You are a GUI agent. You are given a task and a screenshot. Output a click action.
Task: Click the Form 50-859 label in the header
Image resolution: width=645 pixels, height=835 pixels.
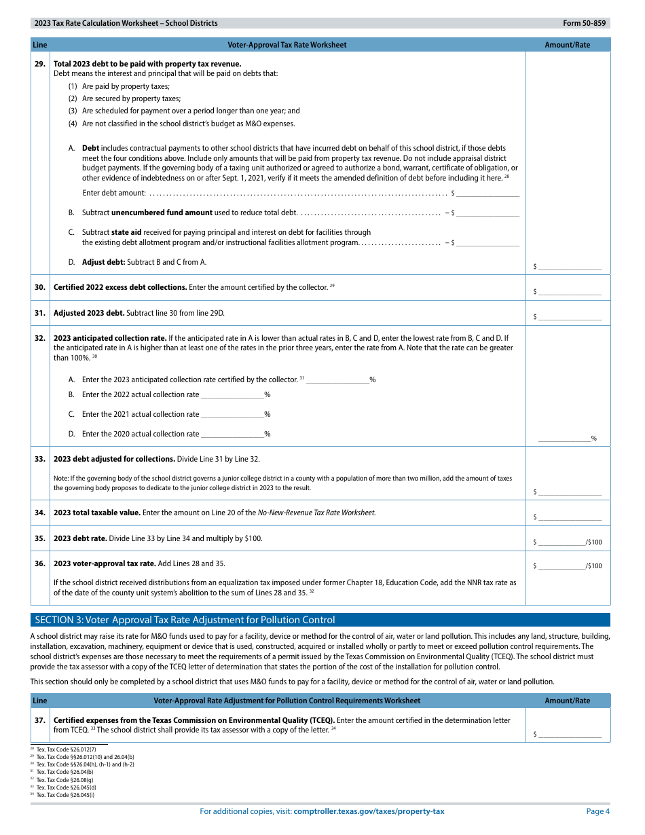[x=584, y=23]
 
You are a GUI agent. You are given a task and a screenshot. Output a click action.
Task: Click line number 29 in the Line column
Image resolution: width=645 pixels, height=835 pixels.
[x=40, y=64]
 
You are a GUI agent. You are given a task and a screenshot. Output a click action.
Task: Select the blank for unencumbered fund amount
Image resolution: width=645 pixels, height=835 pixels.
[x=488, y=212]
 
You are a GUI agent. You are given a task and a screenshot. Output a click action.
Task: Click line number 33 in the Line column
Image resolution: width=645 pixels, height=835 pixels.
[x=40, y=459]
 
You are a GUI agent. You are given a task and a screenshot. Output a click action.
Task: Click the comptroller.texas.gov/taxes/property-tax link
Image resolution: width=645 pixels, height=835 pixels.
[x=369, y=811]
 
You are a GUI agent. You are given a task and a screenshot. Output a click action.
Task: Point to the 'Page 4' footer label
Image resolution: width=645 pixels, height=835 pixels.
[x=597, y=811]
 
